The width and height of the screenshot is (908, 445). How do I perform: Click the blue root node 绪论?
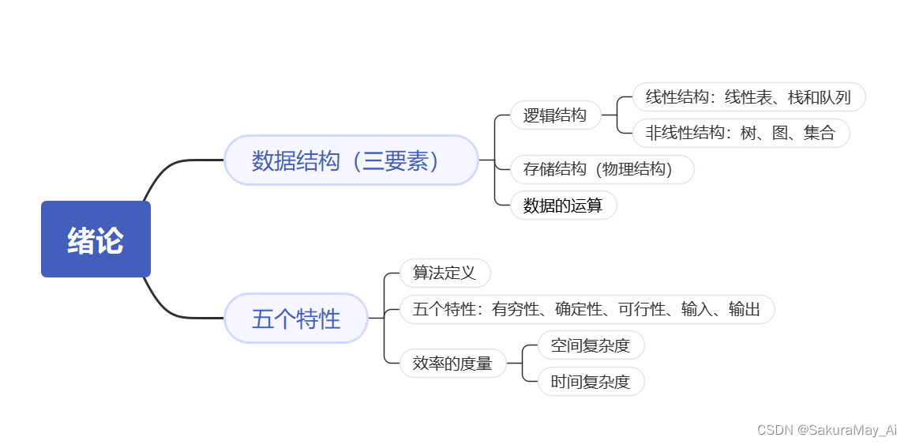96,239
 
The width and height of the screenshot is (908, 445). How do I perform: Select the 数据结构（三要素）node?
351,160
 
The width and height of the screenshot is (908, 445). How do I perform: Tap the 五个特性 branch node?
296,319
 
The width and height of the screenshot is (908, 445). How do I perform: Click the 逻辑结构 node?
555,115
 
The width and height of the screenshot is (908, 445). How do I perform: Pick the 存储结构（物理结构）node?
602,169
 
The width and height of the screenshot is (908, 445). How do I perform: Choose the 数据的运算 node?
563,206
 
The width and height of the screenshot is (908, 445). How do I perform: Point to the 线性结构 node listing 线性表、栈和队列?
749,97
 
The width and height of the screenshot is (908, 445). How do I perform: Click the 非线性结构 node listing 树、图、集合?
741,133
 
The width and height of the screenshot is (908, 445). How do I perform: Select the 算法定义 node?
445,273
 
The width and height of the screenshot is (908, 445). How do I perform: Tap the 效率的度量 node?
452,364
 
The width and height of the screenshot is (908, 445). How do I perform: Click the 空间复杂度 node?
591,345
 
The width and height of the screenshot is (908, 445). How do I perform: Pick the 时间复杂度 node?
591,383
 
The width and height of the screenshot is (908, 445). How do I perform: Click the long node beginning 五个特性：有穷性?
587,309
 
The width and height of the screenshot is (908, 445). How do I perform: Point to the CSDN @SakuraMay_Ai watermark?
827,430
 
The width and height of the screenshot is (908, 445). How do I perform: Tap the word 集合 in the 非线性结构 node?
819,133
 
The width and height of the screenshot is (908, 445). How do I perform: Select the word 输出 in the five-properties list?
744,309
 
